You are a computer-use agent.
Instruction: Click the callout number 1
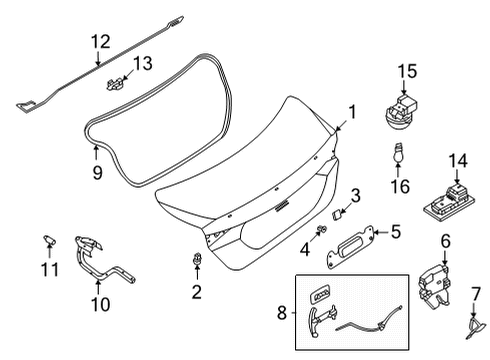[x=350, y=112]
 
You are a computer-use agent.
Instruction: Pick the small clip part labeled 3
[x=338, y=213]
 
